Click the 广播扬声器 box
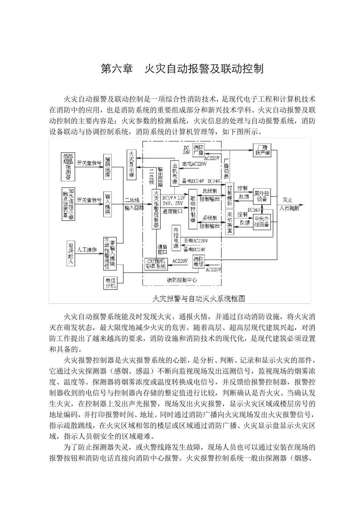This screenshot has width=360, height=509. (262, 150)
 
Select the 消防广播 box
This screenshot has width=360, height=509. (199, 150)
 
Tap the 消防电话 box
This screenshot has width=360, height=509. (198, 262)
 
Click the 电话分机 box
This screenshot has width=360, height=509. (110, 283)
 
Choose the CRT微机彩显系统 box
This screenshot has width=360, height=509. (155, 264)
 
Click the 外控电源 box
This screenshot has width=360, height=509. (176, 239)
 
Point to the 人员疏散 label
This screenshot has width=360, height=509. (289, 208)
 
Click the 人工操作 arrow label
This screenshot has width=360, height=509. (87, 250)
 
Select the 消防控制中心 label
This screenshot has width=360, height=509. (182, 280)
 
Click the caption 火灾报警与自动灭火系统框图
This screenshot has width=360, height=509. (198, 298)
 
